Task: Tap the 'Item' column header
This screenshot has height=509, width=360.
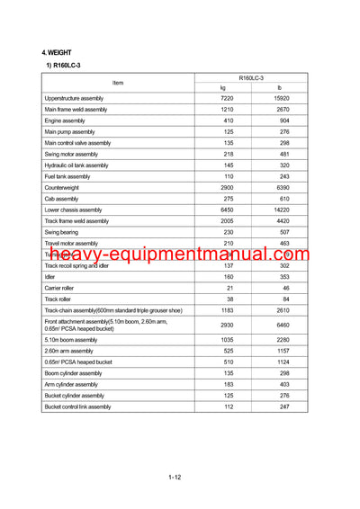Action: pos(118,83)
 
